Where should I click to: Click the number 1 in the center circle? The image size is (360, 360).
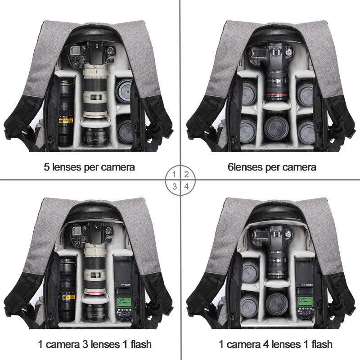174,175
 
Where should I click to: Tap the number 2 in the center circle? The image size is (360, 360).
186,175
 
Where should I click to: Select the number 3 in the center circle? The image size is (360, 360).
175,186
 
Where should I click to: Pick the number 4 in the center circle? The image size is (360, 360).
186,186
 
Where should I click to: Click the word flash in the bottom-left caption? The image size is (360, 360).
141,344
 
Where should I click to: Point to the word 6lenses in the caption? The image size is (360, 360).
245,167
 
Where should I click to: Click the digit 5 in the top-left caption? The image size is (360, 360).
47,167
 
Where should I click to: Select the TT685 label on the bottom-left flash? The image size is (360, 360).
126,285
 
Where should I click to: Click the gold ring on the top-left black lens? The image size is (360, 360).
66,121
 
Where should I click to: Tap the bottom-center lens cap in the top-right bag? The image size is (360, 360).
276,128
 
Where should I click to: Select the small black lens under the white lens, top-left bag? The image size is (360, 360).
95,136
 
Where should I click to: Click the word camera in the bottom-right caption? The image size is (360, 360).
243,344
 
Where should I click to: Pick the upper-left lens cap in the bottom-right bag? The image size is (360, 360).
250,270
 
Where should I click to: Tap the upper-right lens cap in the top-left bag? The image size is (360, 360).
123,90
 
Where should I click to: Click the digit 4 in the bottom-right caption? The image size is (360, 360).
266,344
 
